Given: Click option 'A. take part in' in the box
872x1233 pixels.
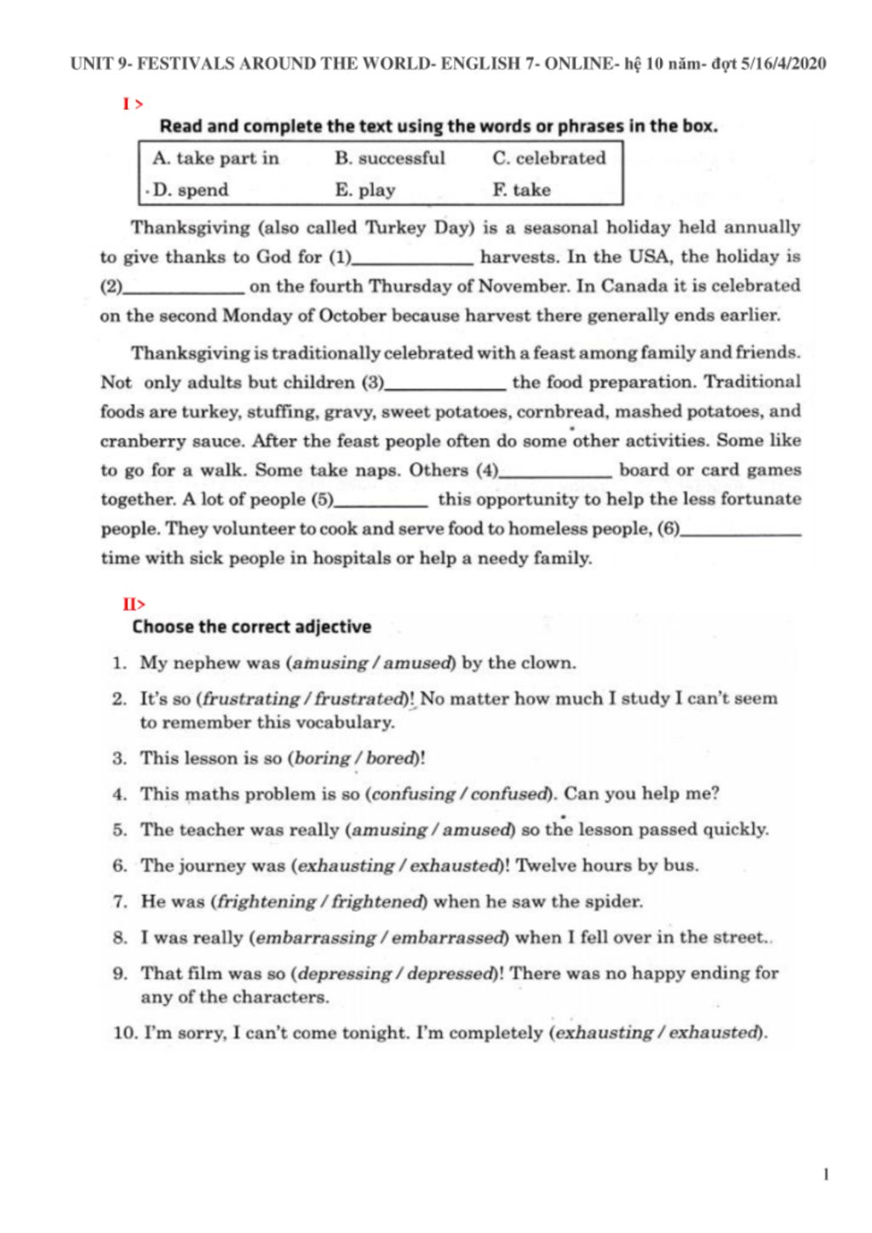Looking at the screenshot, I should click(215, 158).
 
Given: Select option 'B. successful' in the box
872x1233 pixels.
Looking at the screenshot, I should click(389, 158).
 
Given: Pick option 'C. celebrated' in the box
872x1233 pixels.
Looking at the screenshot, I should click(548, 158).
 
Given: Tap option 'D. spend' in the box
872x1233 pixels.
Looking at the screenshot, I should click(190, 190).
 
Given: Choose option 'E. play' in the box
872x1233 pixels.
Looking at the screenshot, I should click(364, 190).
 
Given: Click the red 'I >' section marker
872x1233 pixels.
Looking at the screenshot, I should click(132, 104).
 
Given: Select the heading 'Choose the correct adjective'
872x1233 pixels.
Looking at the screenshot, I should click(251, 627).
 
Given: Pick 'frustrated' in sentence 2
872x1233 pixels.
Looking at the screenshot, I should click(358, 699).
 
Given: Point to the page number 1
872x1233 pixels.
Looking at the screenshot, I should click(826, 1175).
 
